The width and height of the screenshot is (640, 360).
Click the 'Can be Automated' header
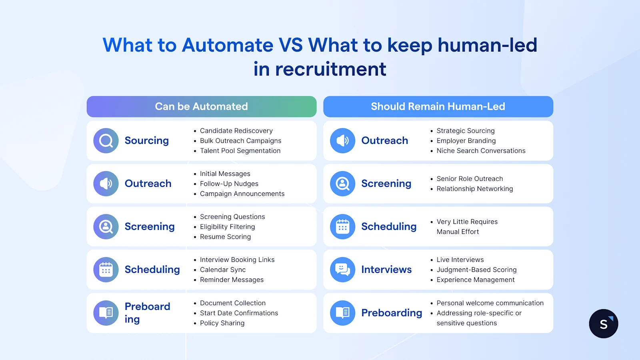201,106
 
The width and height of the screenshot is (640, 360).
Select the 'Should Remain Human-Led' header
438,106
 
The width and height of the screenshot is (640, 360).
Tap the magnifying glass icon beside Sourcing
106,141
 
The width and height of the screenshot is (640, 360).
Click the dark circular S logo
604,324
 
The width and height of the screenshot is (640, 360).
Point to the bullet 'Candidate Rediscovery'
236,131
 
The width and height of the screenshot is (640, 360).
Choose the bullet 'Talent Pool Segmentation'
240,151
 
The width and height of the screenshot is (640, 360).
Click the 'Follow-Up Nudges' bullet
229,184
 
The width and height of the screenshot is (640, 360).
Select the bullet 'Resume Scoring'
225,237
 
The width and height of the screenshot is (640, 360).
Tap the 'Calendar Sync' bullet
223,270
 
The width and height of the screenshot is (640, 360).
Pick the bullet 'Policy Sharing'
222,323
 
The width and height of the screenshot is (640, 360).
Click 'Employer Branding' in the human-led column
466,141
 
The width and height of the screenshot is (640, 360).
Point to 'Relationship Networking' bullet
474,189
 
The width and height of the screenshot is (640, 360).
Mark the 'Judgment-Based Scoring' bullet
476,270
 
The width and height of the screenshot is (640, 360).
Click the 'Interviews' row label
386,270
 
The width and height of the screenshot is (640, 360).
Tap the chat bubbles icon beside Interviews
343,270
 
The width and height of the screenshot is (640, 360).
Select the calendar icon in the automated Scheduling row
106,270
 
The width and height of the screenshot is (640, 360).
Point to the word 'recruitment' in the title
330,69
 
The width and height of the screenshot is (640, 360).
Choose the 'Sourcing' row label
147,141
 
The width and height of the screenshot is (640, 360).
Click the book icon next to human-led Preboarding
343,313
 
